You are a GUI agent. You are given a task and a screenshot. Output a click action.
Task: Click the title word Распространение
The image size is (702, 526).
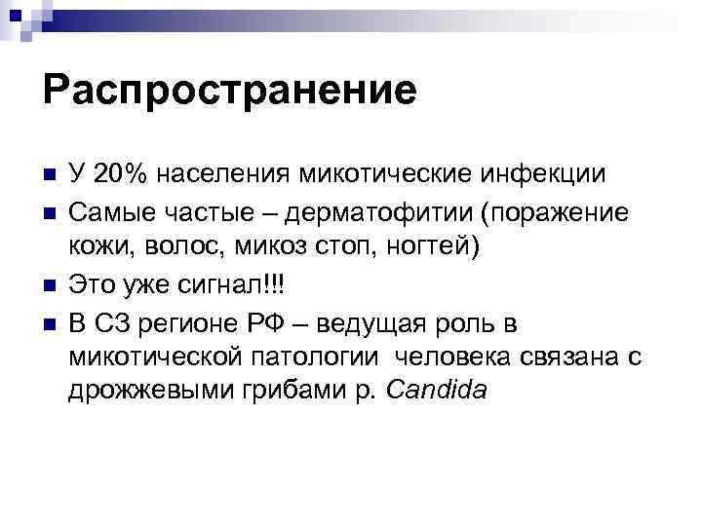pos(229,91)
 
